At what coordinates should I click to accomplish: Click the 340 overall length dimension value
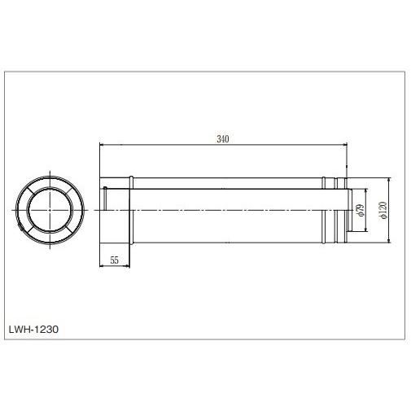tap(222, 139)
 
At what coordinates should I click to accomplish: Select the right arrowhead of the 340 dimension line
tap(346, 145)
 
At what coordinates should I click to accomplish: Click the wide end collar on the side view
tap(114, 210)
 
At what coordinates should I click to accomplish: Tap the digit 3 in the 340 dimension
tap(218, 139)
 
